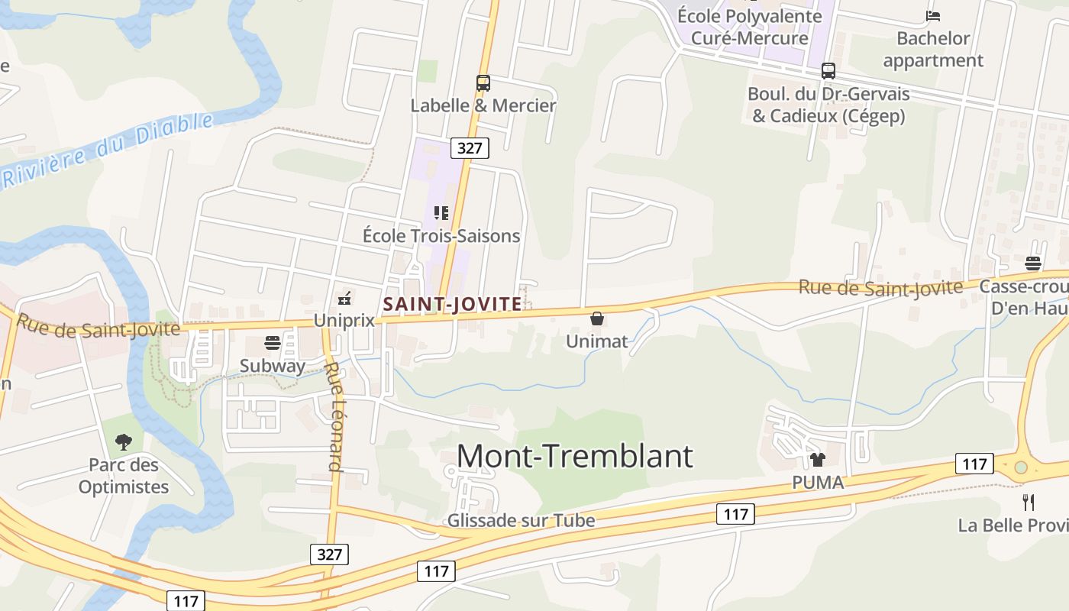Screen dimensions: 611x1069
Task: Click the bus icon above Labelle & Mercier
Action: (x=483, y=83)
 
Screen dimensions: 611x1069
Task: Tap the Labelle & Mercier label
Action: (x=483, y=105)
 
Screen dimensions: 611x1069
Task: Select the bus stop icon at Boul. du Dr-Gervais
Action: (x=828, y=71)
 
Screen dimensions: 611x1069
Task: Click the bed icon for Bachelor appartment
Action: (x=932, y=16)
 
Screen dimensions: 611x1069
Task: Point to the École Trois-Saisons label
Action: (x=441, y=236)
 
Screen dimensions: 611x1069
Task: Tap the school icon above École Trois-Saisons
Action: (x=441, y=213)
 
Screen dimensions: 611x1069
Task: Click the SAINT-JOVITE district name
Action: (x=453, y=304)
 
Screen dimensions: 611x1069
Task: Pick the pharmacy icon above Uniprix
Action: (x=344, y=297)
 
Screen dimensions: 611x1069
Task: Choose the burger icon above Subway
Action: (x=272, y=342)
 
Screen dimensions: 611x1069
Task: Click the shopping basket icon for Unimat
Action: (x=597, y=318)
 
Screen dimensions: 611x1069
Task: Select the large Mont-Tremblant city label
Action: (x=575, y=456)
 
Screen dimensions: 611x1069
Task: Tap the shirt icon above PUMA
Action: (x=818, y=460)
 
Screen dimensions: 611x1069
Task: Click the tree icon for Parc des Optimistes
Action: (x=123, y=441)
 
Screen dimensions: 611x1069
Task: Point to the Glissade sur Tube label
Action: (x=521, y=521)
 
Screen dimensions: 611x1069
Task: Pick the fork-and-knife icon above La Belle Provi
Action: (x=1029, y=503)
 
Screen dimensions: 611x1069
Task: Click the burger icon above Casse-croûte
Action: (x=1033, y=263)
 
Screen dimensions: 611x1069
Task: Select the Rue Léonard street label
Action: (x=334, y=416)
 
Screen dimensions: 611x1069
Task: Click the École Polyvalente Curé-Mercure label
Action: (x=749, y=27)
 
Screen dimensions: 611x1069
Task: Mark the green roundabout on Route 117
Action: (x=1021, y=467)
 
